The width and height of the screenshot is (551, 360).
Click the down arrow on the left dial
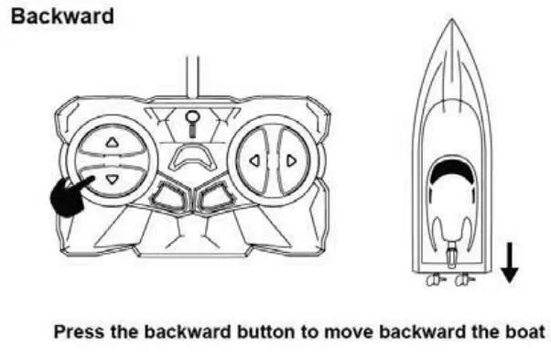(113, 180)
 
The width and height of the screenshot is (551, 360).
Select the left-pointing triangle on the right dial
(254, 161)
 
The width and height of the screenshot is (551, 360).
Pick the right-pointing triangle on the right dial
(291, 161)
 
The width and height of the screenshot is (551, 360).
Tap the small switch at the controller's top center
(191, 120)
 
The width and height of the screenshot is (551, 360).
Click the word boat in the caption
(526, 331)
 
